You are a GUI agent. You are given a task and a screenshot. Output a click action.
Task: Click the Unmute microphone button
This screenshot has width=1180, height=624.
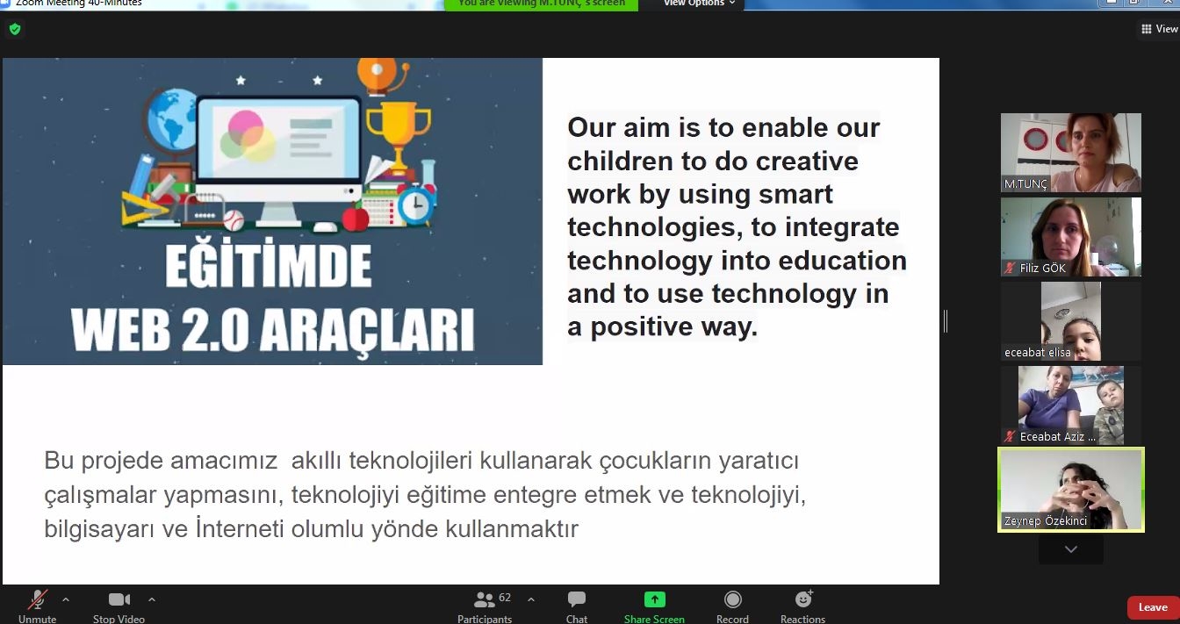[37, 606]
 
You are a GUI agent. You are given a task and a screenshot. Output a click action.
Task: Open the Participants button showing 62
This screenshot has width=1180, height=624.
[485, 606]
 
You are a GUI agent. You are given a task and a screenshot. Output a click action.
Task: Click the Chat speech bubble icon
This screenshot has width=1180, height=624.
[576, 599]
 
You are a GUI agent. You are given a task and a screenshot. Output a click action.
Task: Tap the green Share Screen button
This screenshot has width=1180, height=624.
[654, 606]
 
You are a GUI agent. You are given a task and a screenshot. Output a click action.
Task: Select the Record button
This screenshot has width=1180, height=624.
[732, 606]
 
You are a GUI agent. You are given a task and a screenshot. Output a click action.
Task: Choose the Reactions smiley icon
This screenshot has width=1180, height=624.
[803, 599]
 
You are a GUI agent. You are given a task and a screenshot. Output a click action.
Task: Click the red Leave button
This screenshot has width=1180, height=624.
[1153, 607]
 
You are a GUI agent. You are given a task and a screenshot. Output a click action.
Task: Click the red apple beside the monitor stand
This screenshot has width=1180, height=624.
[356, 218]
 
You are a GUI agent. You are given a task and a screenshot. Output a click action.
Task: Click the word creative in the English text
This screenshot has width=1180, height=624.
[807, 161]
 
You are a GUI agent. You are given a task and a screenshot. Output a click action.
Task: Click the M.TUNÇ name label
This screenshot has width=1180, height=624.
[1025, 183]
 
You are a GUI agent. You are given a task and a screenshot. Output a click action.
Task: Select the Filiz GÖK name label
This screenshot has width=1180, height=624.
[1042, 268]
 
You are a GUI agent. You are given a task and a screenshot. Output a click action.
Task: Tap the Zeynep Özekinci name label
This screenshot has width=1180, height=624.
[1046, 520]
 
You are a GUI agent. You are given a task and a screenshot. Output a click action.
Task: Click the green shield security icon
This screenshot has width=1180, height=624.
[15, 29]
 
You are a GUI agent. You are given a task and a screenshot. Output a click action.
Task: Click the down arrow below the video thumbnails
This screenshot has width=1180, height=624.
[1071, 549]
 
